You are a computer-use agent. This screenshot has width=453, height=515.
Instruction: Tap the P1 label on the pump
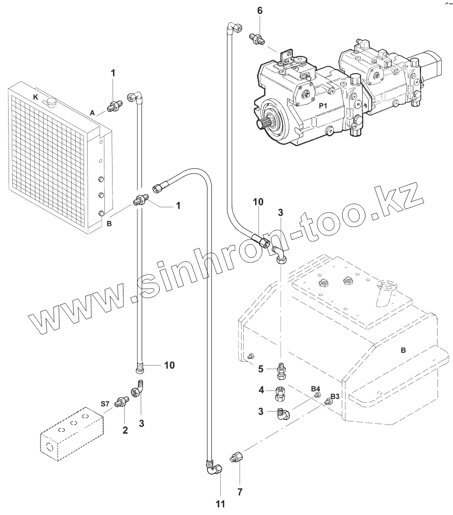point(323,105)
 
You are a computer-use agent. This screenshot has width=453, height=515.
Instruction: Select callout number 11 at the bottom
point(220,504)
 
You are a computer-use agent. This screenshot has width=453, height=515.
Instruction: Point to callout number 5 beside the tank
point(261,369)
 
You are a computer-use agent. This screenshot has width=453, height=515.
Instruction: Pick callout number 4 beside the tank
point(261,390)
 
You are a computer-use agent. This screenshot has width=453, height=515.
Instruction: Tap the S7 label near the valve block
point(105,403)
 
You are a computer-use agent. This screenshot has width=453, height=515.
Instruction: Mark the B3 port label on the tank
point(335,396)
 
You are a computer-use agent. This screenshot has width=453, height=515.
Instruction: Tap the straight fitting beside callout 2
point(122,402)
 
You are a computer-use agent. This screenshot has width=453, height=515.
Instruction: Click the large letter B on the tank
point(403,350)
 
